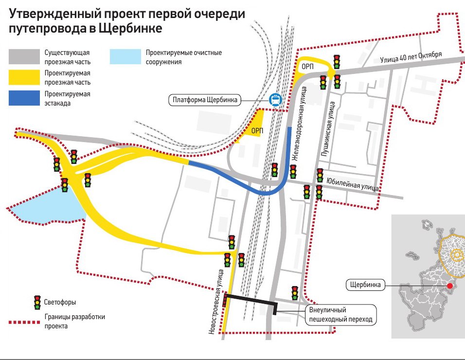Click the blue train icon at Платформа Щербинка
tap(275, 100)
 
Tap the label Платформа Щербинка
tap(205, 100)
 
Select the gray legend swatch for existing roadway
tap(24, 56)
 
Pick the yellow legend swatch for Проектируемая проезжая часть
tap(24, 77)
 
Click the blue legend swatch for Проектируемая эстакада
tap(24, 98)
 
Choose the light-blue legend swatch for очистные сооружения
tap(125, 56)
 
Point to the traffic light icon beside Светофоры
tap(37, 303)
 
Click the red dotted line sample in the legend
tap(24, 322)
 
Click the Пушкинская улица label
tap(328, 129)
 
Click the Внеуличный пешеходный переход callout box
tap(341, 315)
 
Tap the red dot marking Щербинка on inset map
tap(450, 286)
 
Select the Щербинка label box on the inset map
tap(365, 285)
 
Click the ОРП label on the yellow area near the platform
tap(257, 131)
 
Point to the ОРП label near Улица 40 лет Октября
tap(307, 67)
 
